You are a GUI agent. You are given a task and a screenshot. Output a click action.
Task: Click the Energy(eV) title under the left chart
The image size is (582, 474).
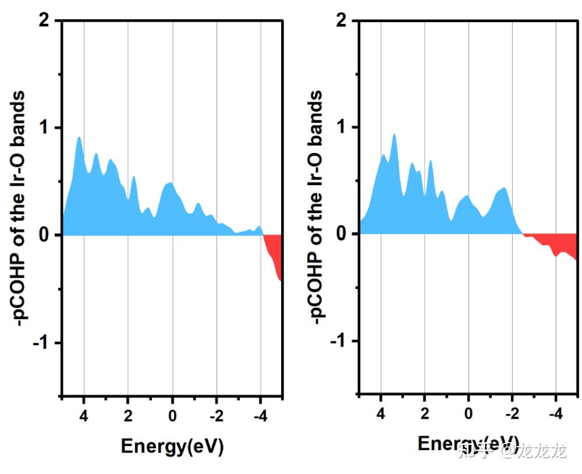[172, 447]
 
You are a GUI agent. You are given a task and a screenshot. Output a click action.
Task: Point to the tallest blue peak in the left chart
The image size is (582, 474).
[79, 140]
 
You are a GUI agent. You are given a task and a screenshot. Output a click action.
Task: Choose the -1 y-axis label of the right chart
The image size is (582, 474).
[339, 341]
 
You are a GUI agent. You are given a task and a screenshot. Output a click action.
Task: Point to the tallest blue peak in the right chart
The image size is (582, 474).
[394, 137]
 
